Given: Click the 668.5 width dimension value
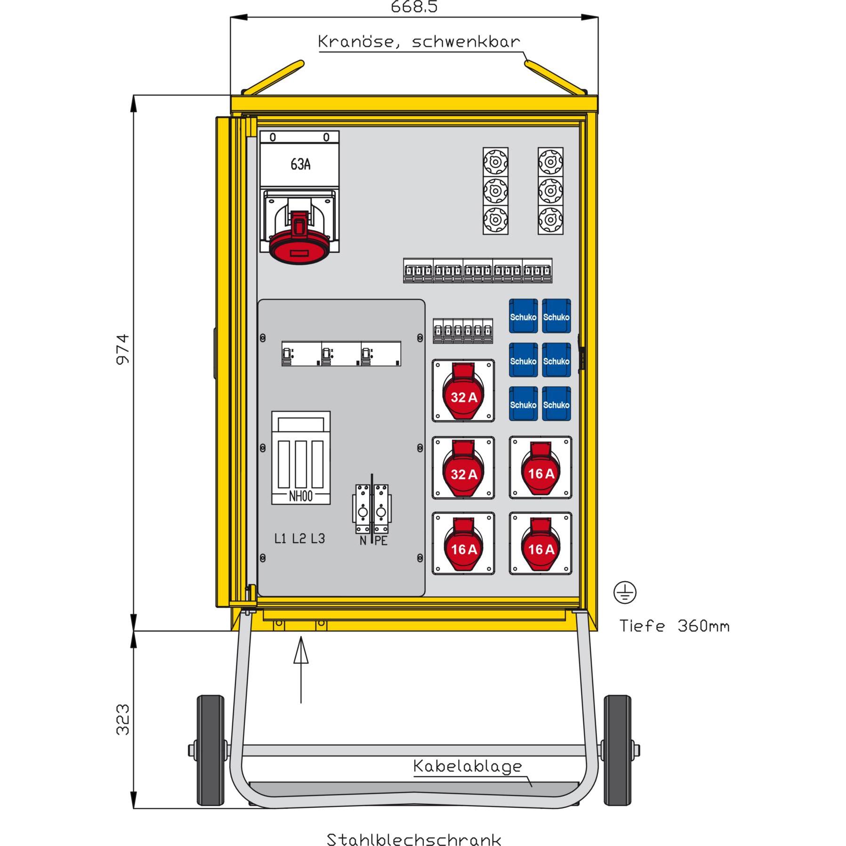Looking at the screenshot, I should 414,7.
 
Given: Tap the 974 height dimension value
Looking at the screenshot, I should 123,349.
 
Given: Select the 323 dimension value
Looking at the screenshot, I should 123,719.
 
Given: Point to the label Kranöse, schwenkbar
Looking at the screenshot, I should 419,41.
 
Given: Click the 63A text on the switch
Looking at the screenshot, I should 300,164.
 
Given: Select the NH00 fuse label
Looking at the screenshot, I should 301,496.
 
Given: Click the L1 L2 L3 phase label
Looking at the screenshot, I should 300,538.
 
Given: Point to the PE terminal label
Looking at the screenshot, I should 381,541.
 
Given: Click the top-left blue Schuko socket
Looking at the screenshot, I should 523,317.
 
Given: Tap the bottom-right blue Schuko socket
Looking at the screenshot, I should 556,404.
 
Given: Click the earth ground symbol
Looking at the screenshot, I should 625,593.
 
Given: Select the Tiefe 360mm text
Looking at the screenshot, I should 674,626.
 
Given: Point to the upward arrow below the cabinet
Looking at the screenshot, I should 301,669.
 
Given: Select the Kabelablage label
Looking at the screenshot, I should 467,766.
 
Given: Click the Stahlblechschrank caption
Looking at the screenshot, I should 414,839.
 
